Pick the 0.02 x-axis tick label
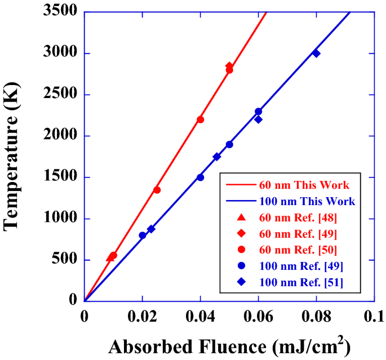(142, 315)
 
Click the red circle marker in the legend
(241, 250)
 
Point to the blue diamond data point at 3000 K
(316, 54)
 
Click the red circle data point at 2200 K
(200, 119)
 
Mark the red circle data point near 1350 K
(157, 190)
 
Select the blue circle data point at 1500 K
(200, 177)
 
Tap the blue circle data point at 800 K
(142, 235)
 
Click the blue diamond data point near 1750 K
(216, 157)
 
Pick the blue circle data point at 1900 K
(229, 144)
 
